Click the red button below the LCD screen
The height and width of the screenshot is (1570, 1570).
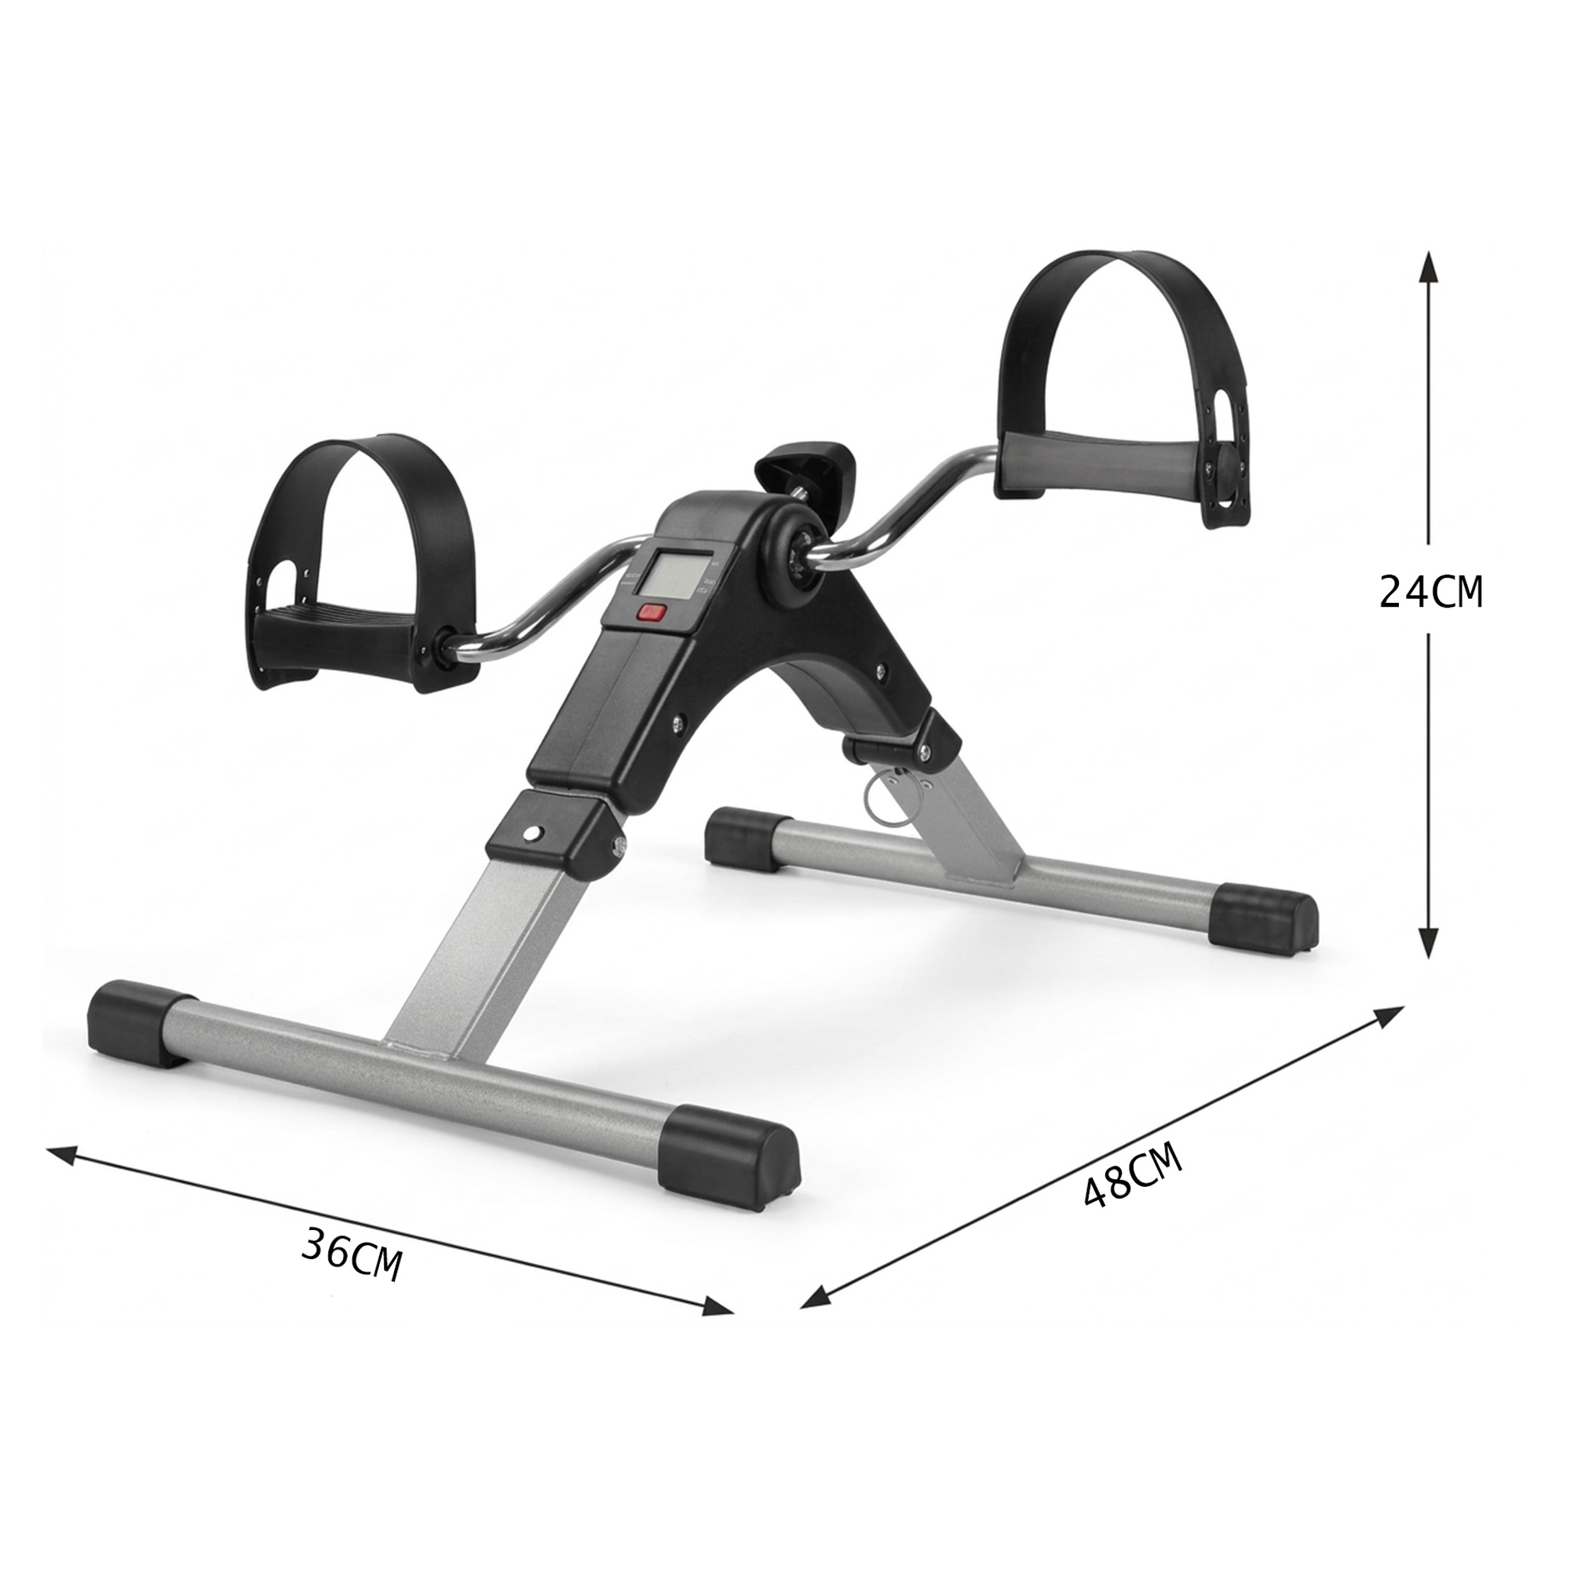[x=652, y=613]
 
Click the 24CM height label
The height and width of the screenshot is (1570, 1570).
[x=1430, y=592]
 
